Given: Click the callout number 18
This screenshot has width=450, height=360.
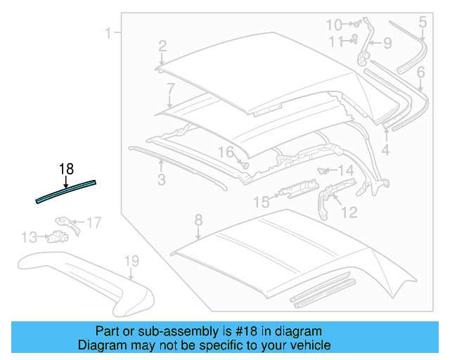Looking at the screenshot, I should (66, 169).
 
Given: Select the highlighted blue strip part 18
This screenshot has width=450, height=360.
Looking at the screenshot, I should (66, 191).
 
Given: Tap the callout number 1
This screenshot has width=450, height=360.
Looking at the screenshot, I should (109, 32).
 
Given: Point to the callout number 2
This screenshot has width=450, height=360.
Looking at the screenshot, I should (162, 46).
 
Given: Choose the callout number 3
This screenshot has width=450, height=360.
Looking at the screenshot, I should (162, 181).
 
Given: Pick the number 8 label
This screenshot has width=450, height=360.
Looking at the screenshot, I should (198, 219).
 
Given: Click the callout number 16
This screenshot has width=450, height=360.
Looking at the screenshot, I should (225, 152).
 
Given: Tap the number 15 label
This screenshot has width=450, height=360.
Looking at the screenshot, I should (261, 202).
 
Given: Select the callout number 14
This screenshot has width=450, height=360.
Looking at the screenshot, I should (345, 171).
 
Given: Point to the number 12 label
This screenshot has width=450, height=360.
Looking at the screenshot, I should (349, 212).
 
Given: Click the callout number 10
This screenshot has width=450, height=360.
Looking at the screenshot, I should (334, 25).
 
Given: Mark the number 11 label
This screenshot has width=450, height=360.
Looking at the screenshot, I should (336, 41).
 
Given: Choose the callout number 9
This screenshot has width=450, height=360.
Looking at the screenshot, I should (387, 44).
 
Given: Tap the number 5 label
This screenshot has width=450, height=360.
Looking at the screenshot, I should (422, 22).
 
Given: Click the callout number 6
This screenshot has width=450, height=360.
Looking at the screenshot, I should (420, 72).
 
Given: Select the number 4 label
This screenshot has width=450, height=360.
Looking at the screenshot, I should (385, 150).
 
